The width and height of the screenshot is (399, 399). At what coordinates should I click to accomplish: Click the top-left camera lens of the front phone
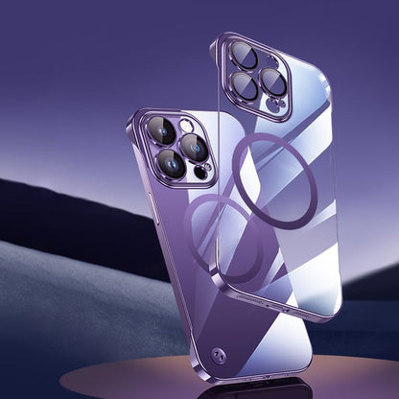(x=164, y=130)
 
